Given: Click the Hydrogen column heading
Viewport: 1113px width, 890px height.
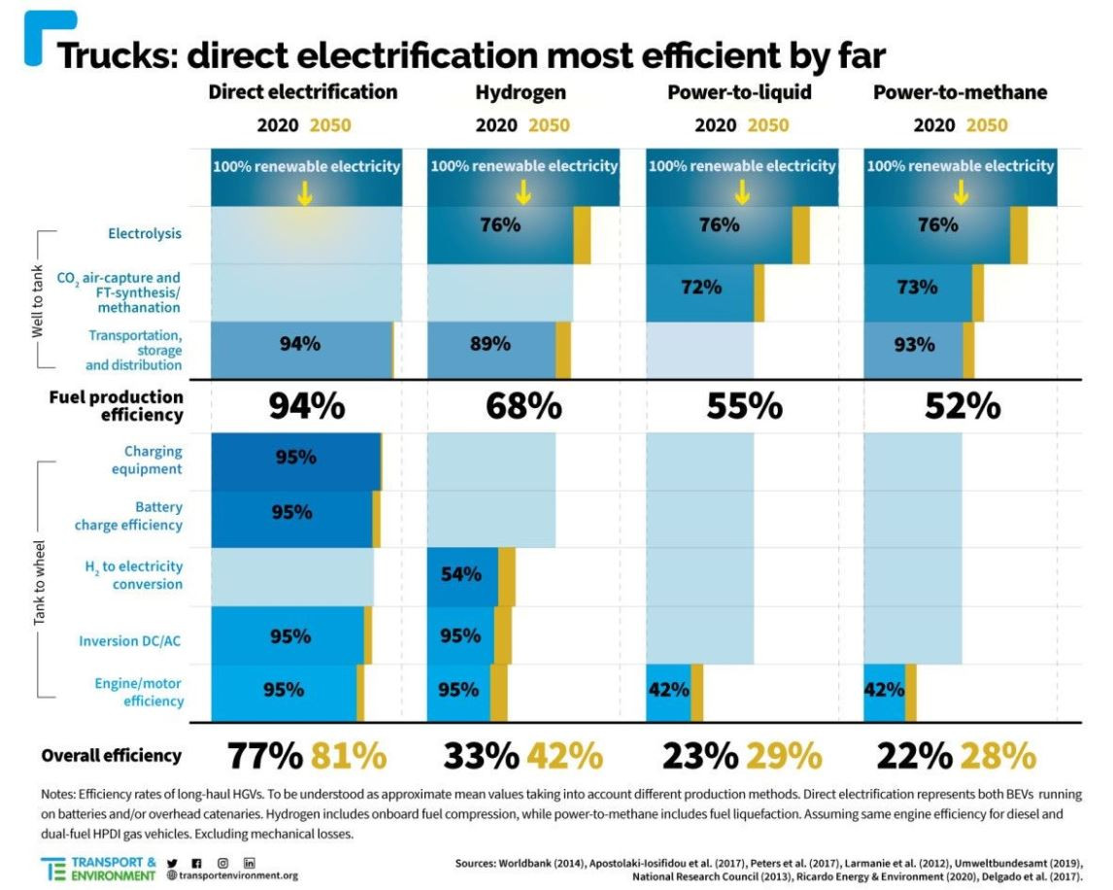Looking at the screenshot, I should click(521, 93).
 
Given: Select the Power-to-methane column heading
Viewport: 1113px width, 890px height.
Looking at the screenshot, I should click(960, 93).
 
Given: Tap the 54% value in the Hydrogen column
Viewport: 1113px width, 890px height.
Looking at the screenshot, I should click(461, 574).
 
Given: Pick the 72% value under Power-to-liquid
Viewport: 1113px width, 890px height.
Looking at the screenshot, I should click(701, 287).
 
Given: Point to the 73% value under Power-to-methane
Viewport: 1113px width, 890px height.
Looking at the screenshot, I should click(918, 287).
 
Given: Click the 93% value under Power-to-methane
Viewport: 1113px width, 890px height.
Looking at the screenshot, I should click(915, 344).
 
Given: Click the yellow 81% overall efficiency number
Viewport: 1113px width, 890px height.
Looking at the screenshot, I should click(349, 756).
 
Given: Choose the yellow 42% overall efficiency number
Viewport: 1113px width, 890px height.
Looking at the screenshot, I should click(564, 756).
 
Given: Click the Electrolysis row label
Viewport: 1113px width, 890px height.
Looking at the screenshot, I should click(145, 233).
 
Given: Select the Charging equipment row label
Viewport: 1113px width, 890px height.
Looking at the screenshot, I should click(152, 460).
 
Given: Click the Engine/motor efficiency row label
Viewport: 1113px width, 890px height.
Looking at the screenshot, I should click(139, 692).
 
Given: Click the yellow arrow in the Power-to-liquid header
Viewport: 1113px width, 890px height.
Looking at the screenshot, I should click(743, 192).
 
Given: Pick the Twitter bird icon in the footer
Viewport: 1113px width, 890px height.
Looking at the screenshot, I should click(173, 863).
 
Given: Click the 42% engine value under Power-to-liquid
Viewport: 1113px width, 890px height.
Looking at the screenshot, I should click(668, 690).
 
